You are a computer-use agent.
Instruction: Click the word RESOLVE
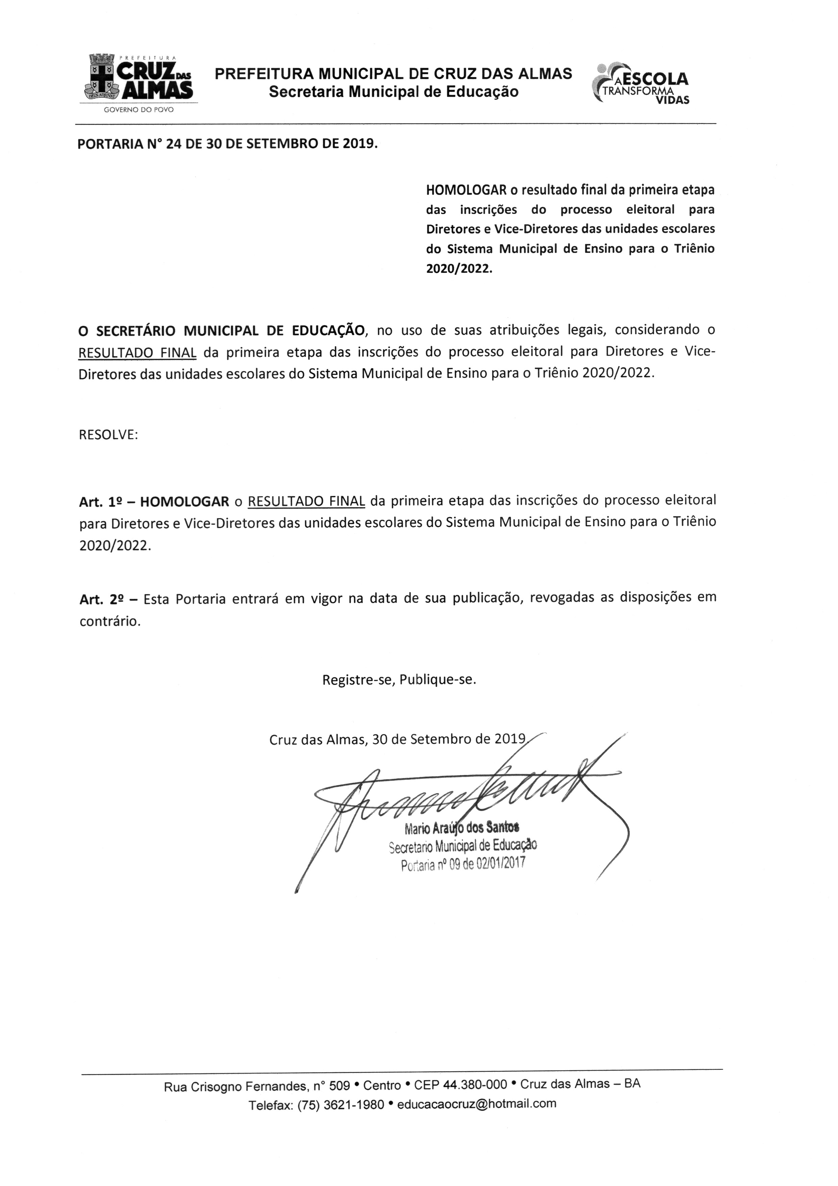click(108, 435)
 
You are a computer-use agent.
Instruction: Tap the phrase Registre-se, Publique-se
click(399, 680)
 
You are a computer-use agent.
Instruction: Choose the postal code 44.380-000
click(475, 1084)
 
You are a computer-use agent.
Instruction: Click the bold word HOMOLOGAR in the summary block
click(466, 190)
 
